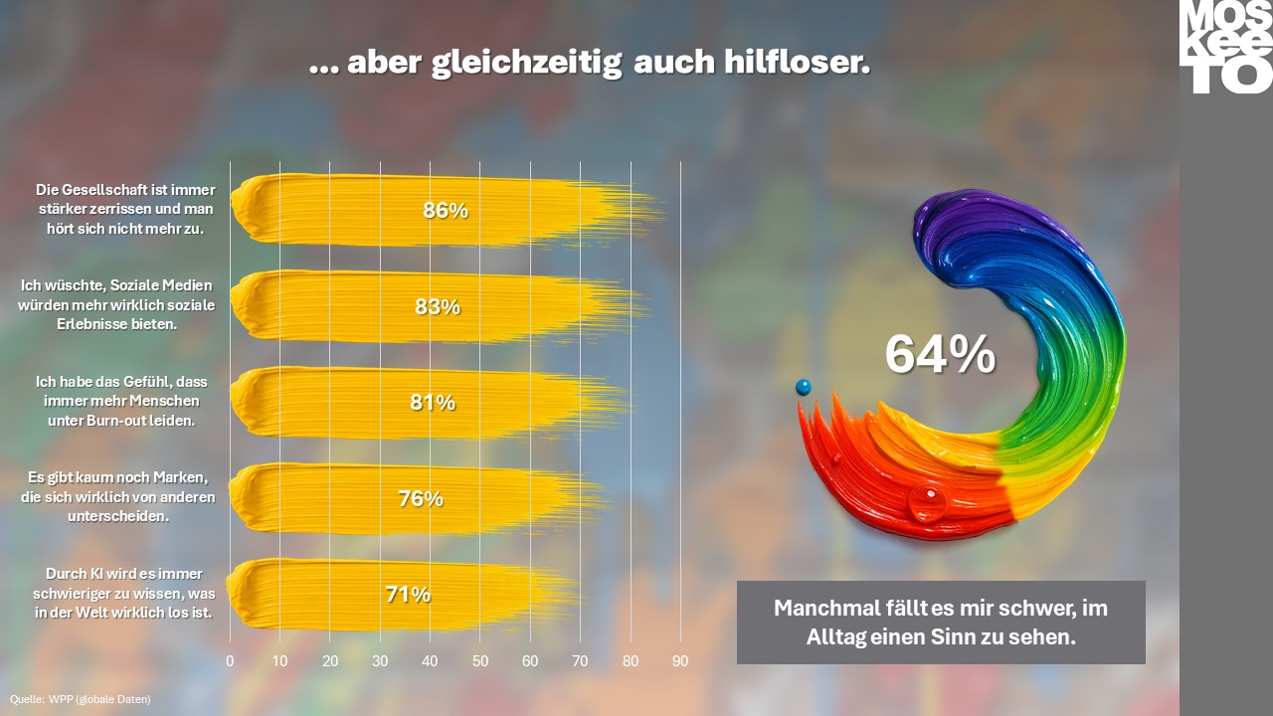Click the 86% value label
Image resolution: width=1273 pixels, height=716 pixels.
446,210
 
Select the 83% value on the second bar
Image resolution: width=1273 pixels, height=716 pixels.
438,307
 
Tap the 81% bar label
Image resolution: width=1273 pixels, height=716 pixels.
433,403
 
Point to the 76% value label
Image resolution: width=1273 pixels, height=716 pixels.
421,498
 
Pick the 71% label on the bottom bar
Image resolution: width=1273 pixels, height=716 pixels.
408,595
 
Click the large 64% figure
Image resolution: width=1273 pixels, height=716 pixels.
941,354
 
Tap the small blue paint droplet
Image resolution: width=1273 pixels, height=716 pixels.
803,387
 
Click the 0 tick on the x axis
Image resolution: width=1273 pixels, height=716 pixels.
230,661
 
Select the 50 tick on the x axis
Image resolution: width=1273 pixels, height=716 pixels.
480,661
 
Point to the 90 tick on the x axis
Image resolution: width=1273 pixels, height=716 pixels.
680,661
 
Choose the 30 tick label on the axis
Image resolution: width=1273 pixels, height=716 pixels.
380,661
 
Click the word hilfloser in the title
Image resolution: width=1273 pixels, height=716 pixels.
797,62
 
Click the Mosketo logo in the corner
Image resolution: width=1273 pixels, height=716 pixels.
1226,47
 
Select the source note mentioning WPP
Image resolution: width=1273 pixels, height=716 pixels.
81,699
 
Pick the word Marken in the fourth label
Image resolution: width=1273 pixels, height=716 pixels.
180,477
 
